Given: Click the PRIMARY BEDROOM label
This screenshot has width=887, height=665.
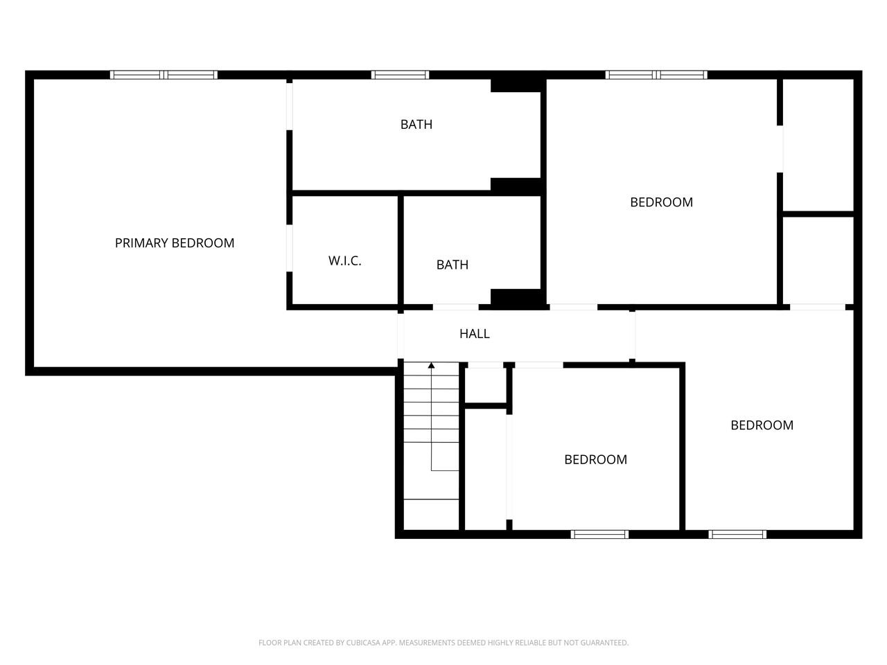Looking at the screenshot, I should (x=175, y=243).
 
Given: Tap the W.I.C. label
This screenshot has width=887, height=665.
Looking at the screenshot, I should (x=344, y=261).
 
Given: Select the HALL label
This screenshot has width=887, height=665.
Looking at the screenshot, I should (x=475, y=334).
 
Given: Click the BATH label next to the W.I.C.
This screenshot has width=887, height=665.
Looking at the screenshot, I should (x=453, y=265).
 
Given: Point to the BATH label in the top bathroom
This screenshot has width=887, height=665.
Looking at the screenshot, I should (x=416, y=125).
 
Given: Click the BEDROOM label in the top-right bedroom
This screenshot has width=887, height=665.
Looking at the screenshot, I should (x=661, y=202).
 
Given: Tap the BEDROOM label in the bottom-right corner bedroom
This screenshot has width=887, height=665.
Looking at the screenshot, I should (x=762, y=425).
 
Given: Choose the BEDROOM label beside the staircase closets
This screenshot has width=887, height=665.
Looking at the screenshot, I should (x=595, y=459).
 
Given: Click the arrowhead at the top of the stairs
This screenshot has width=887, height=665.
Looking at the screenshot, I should (x=431, y=365).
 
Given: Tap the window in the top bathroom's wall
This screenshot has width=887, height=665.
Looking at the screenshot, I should (x=400, y=75).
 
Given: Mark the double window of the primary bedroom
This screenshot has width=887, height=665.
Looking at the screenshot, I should (x=164, y=75).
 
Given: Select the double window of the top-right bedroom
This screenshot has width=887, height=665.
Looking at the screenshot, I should (x=656, y=75).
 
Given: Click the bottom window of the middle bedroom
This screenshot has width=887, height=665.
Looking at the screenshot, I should (x=599, y=534).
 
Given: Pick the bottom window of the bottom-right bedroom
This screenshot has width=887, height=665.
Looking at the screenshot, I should (x=737, y=534).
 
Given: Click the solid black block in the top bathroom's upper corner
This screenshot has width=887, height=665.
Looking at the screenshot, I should (x=516, y=83).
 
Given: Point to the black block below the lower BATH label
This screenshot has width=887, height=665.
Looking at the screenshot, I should (x=516, y=298).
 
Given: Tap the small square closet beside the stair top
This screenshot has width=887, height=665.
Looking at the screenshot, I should (x=484, y=385).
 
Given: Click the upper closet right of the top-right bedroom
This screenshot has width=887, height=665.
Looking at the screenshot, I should (x=818, y=144).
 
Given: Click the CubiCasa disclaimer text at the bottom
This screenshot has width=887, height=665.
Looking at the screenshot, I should (x=443, y=643).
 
